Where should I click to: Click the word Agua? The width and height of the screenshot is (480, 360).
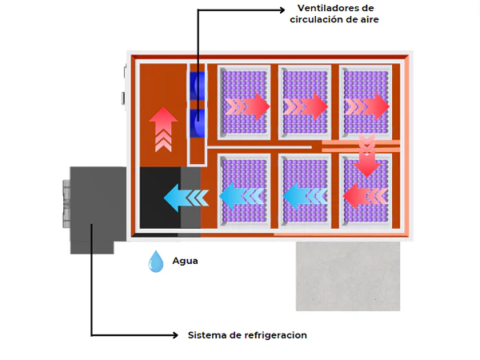click(185, 261)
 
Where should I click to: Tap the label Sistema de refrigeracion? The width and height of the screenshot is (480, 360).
click(247, 334)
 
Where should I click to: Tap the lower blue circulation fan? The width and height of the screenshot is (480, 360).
click(197, 124)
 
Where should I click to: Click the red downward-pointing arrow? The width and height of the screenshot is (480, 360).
click(366, 155)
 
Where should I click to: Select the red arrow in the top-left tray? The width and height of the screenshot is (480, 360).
click(248, 106)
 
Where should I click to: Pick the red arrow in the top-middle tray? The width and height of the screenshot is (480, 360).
click(306, 106)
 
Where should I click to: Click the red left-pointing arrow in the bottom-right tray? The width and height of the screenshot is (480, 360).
click(362, 194)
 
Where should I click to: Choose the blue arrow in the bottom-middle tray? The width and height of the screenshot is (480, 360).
click(304, 194)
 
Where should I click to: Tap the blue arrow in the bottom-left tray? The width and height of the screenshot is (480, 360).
click(242, 194)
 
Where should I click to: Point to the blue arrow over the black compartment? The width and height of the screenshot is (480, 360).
click(185, 196)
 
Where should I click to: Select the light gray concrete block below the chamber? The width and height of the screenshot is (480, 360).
click(347, 276)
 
